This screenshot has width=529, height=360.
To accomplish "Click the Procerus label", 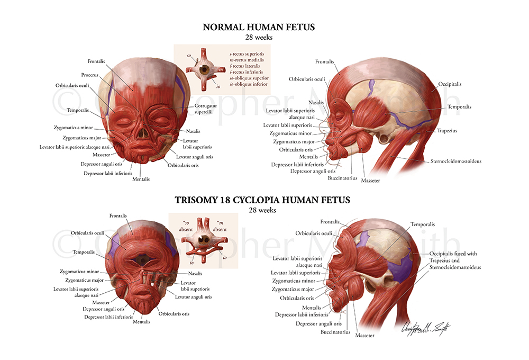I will coord(90,75).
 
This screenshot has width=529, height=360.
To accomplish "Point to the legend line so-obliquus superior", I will coord(249,78).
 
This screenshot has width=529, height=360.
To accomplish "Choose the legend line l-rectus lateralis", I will coord(245,66).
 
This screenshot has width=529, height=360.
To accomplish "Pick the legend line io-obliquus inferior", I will coord(248,84).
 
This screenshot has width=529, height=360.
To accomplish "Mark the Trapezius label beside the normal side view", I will coord(447,130).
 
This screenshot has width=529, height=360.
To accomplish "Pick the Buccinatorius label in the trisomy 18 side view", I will coord(335,332).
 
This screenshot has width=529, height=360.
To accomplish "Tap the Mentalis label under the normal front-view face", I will coord(141,179).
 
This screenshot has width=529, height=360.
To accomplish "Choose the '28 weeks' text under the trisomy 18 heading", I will coord(262,211).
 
